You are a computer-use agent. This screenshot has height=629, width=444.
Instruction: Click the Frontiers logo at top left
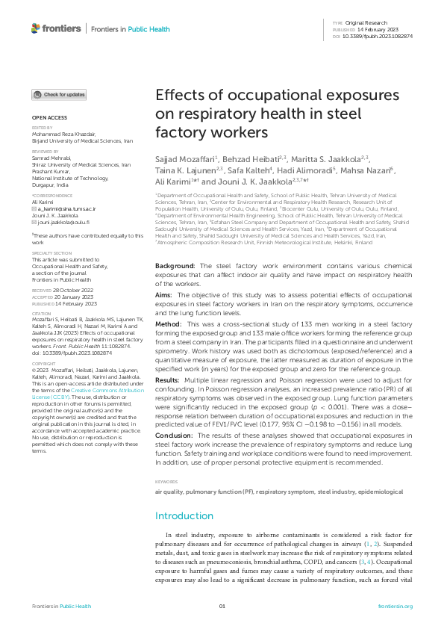(55, 28)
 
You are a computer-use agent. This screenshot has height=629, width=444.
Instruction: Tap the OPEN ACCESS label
(49, 118)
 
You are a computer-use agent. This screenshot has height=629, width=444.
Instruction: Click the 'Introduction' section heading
(184, 515)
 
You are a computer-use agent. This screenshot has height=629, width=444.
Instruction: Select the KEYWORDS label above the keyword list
(166, 483)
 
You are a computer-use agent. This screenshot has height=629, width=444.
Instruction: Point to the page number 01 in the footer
(222, 606)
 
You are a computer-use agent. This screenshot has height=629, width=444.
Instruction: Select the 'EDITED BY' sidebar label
(43, 128)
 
